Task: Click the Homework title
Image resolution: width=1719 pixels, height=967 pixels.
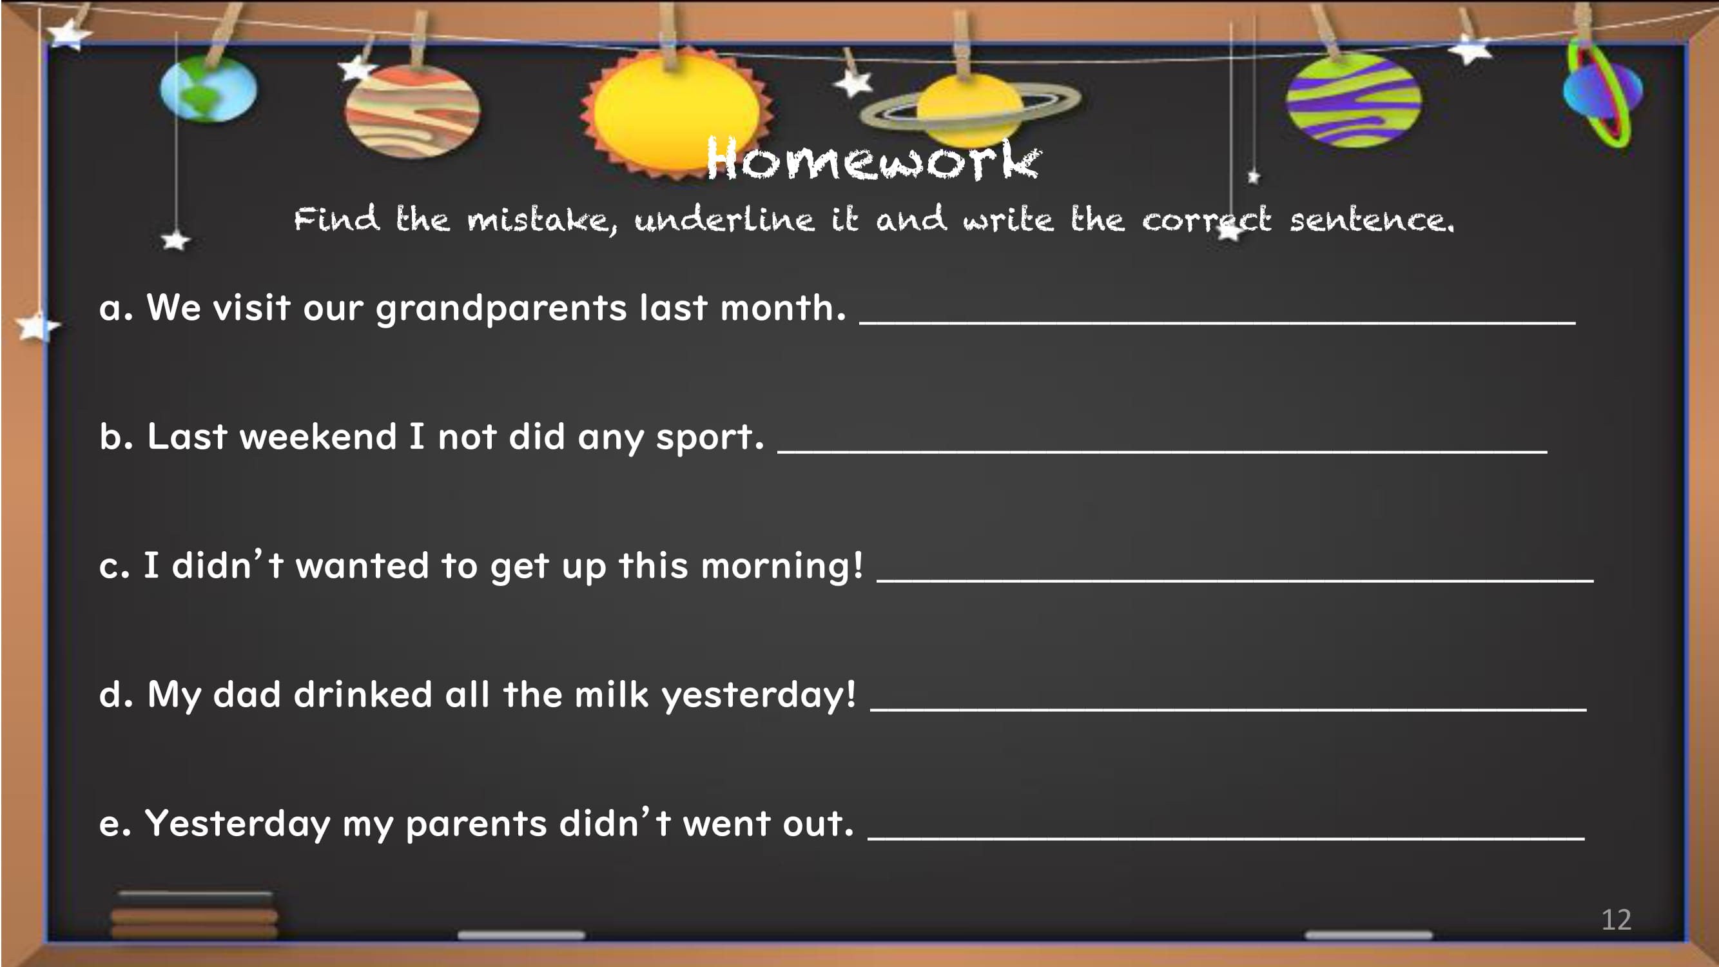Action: (x=873, y=158)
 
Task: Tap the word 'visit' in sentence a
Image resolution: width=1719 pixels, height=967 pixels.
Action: (x=251, y=308)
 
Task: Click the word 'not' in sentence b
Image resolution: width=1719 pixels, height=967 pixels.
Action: (x=467, y=437)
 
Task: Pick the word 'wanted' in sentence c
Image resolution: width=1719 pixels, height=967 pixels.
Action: (x=362, y=566)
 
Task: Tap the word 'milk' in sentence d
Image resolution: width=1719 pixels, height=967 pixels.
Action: (x=611, y=694)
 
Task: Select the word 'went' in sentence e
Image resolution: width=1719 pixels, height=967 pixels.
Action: (x=726, y=824)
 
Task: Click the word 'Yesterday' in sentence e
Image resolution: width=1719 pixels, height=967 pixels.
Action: (x=238, y=824)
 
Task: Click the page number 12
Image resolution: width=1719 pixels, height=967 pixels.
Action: (x=1617, y=920)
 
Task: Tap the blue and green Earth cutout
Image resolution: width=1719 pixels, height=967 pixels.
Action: (x=208, y=88)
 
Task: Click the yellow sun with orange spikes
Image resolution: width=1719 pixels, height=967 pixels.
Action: (x=676, y=112)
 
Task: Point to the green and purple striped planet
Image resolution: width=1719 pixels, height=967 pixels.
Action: (x=1354, y=100)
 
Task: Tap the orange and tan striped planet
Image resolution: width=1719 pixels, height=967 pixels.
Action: (x=412, y=111)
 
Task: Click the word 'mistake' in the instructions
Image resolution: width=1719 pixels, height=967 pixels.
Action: (x=542, y=220)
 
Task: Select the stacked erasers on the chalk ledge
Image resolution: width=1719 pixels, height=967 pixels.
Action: (x=194, y=914)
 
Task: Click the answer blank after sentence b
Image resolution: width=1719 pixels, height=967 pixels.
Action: (x=1163, y=452)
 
